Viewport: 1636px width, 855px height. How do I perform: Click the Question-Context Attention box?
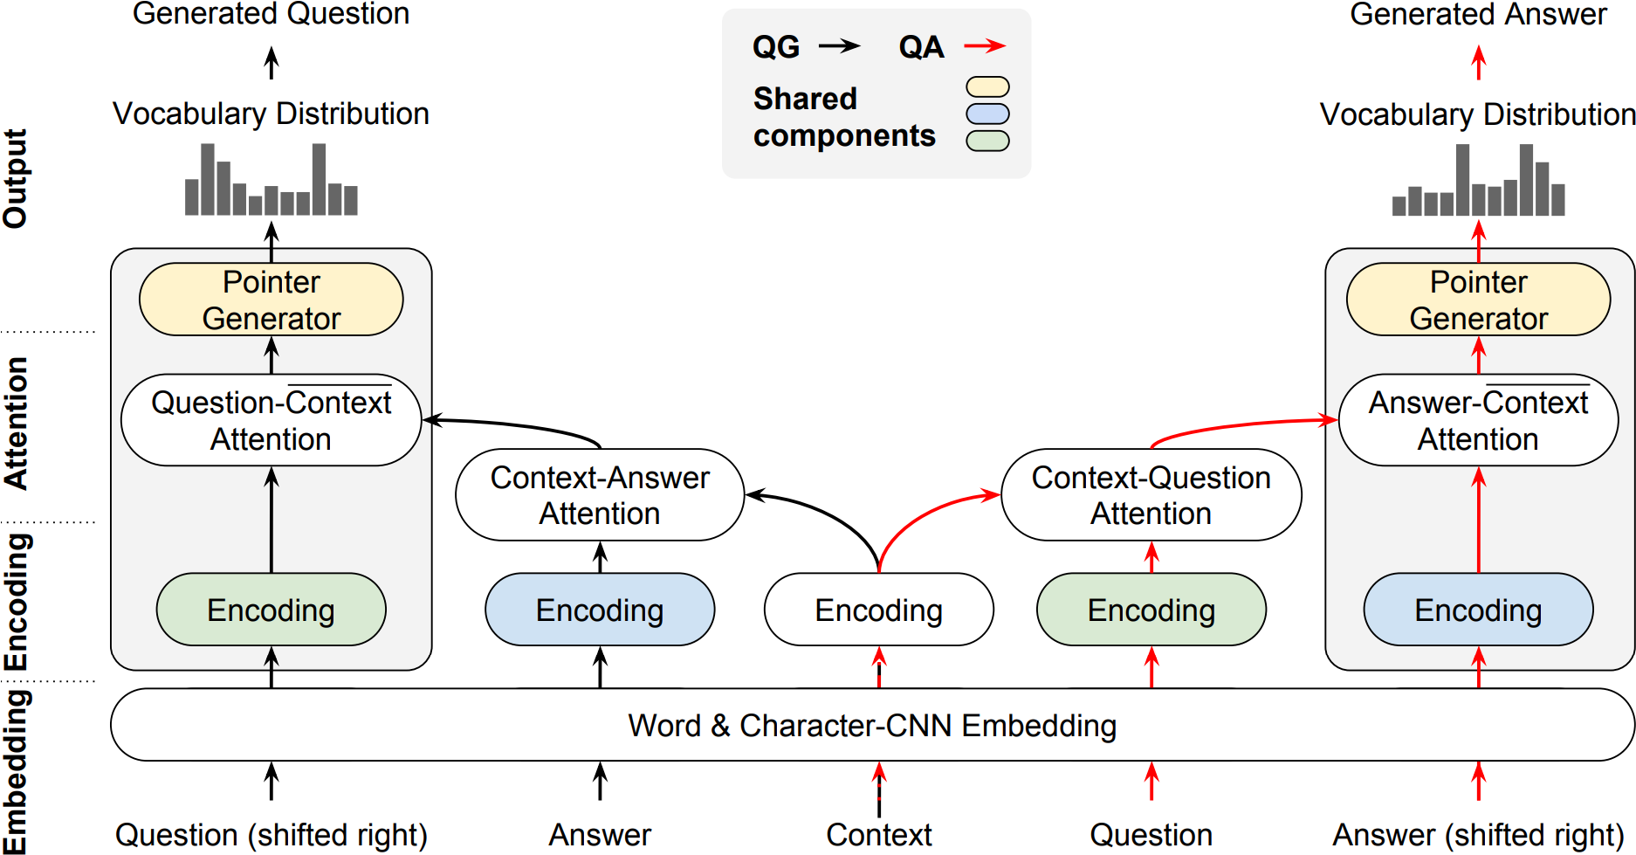271,420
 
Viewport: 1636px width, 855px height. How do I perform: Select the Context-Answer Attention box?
600,495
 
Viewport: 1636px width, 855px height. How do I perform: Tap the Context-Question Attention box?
1151,495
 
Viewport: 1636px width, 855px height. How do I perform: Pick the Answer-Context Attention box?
1478,420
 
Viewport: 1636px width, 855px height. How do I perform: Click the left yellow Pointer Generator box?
271,300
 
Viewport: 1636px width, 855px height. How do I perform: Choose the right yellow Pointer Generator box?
1478,300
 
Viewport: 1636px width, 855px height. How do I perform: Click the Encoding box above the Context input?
878,610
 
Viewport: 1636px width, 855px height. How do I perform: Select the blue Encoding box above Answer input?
600,610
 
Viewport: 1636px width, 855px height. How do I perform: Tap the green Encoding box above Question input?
1151,610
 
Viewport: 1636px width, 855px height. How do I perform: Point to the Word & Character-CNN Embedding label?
871,726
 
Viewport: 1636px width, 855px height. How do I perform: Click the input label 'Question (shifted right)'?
271,835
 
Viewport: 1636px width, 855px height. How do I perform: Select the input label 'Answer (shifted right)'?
1478,835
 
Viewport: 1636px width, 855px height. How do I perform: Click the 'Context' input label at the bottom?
878,835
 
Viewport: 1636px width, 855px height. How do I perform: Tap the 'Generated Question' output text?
271,14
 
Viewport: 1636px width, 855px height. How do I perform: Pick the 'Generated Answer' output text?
1478,14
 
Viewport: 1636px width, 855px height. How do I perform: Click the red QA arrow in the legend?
985,45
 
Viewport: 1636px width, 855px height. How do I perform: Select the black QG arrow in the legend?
839,45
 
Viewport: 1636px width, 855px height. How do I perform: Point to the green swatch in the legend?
987,141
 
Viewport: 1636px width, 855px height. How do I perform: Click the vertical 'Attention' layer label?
16,423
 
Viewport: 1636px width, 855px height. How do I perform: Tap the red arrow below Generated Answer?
1478,62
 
